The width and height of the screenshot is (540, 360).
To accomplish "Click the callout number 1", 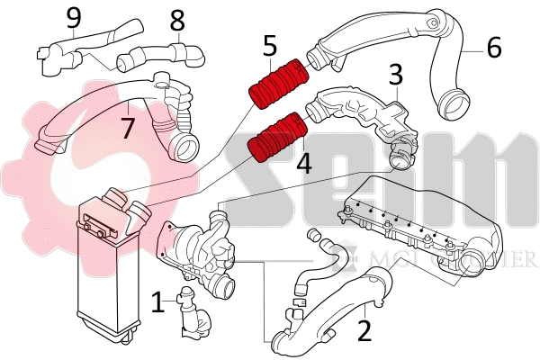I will pyautogui.click(x=158, y=302).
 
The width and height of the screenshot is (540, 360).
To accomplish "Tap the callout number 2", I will pyautogui.click(x=364, y=330).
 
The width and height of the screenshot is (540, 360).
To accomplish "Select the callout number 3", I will pyautogui.click(x=395, y=76).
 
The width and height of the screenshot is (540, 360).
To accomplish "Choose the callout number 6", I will pyautogui.click(x=494, y=47).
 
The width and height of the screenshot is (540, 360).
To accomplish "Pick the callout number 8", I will pyautogui.click(x=177, y=19).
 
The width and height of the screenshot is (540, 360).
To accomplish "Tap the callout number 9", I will pyautogui.click(x=73, y=16).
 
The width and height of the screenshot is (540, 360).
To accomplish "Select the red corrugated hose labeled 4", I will pyautogui.click(x=277, y=137).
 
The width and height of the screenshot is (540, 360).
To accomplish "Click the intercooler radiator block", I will pyautogui.click(x=108, y=270).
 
